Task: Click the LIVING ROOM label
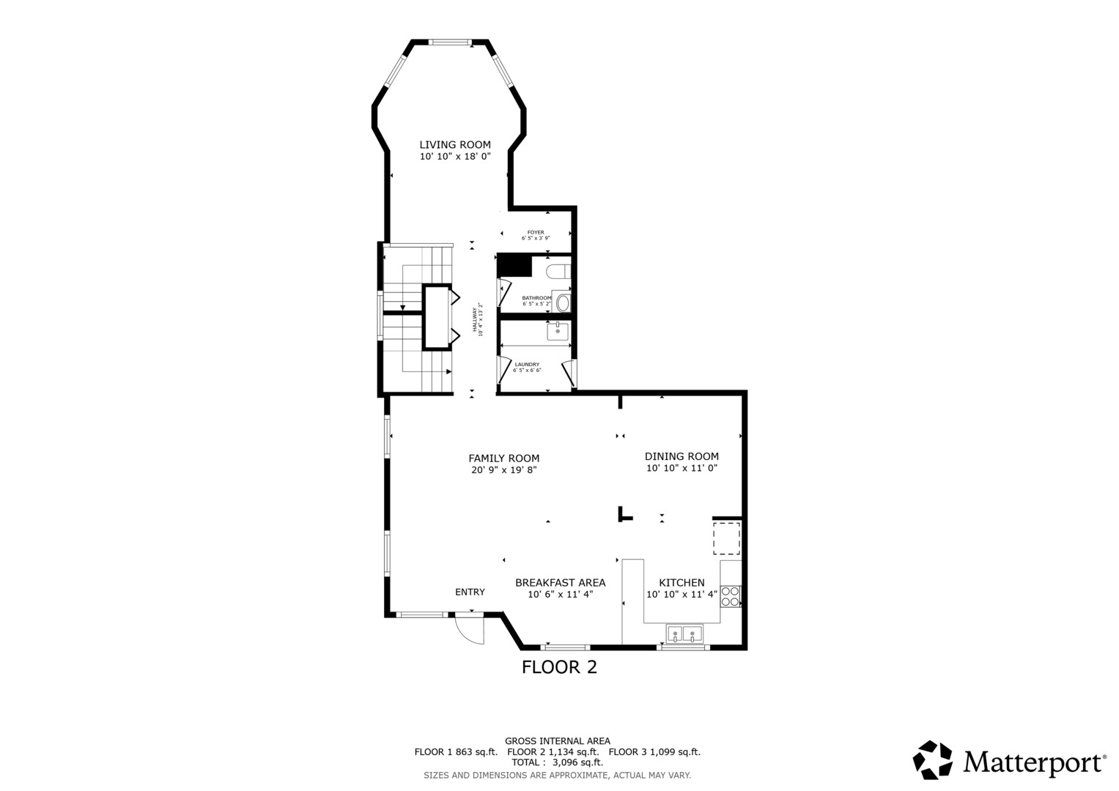[x=454, y=145]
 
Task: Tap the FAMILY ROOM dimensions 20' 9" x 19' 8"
[x=503, y=470]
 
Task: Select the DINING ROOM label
[x=682, y=456]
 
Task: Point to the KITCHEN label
[x=682, y=583]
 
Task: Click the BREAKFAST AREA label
[x=560, y=583]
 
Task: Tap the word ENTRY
[x=470, y=592]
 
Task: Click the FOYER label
[x=536, y=232]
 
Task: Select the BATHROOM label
[x=536, y=298]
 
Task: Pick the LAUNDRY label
[x=527, y=364]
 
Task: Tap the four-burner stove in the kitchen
[x=730, y=596]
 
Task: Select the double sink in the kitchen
[x=684, y=634]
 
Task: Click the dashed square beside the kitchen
[x=726, y=539]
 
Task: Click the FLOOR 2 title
[x=559, y=667]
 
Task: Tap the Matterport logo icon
[x=932, y=760]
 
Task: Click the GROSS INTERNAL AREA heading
[x=557, y=741]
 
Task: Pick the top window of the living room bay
[x=450, y=42]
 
